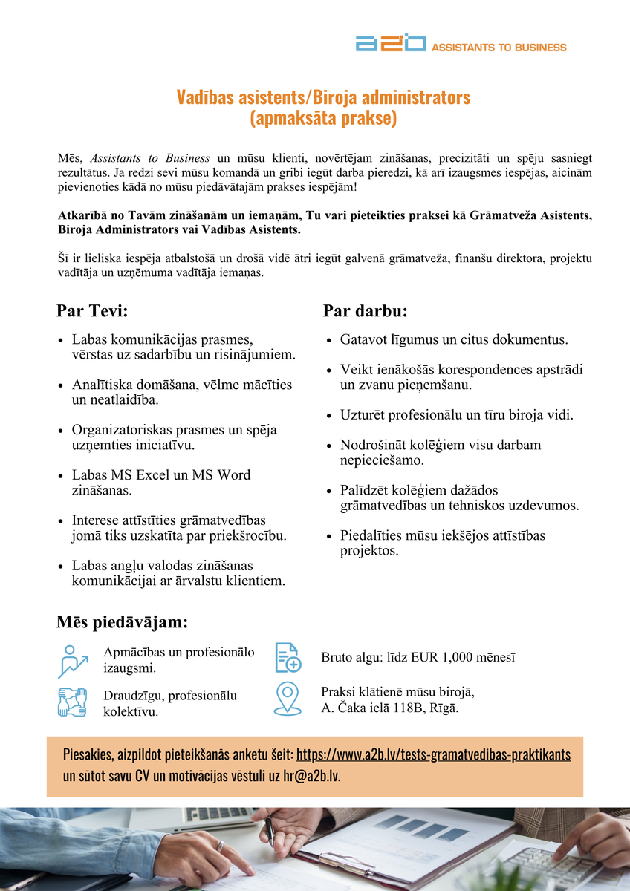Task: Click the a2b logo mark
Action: [x=391, y=43]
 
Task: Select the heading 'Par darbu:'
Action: [x=365, y=310]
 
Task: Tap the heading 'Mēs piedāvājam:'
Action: [x=122, y=621]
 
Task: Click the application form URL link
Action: [x=433, y=755]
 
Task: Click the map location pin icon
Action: [x=288, y=698]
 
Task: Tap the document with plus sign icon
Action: [x=288, y=657]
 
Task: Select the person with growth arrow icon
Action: [x=73, y=661]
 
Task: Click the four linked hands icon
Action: [x=73, y=702]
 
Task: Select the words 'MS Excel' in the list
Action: [x=142, y=475]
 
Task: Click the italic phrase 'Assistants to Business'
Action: [x=150, y=158]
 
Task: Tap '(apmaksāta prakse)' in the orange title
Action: [x=322, y=117]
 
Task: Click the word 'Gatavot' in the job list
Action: [x=362, y=340]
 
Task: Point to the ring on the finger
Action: [x=220, y=845]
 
